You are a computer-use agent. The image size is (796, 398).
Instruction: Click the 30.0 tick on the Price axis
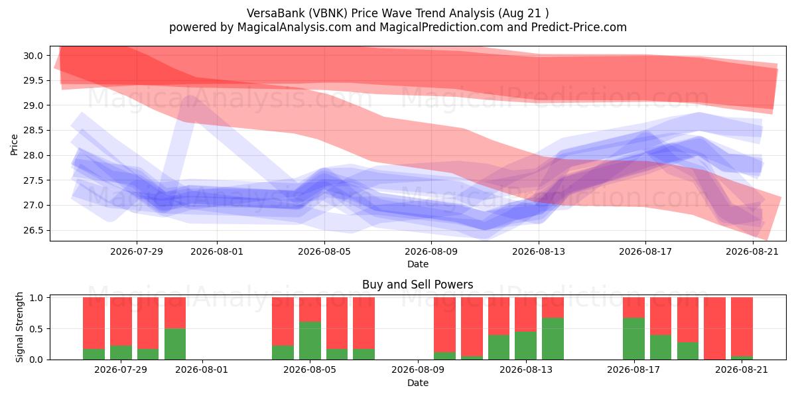pyautogui.click(x=33, y=56)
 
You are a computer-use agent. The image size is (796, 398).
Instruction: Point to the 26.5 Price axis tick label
pyautogui.click(x=33, y=231)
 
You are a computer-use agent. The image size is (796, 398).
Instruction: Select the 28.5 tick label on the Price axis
pyautogui.click(x=33, y=131)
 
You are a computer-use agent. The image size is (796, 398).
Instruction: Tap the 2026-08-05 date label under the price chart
pyautogui.click(x=324, y=251)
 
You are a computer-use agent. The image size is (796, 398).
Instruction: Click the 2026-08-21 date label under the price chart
pyautogui.click(x=752, y=251)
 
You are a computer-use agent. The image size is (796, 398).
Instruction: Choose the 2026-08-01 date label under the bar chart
pyautogui.click(x=202, y=369)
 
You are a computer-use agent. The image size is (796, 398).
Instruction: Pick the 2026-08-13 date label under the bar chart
pyautogui.click(x=526, y=369)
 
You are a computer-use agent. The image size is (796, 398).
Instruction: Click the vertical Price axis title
pyautogui.click(x=14, y=145)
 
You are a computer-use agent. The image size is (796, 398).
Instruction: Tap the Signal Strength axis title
pyautogui.click(x=19, y=327)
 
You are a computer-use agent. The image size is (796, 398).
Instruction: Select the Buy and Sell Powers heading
pyautogui.click(x=417, y=285)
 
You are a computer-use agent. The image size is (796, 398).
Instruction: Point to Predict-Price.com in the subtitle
pyautogui.click(x=579, y=27)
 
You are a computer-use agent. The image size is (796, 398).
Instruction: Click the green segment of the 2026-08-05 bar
pyautogui.click(x=310, y=340)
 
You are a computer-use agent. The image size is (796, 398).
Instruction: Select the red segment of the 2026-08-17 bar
pyautogui.click(x=633, y=307)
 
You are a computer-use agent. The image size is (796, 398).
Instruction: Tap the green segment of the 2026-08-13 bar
pyautogui.click(x=525, y=346)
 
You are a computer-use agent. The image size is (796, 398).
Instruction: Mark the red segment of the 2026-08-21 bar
pyautogui.click(x=742, y=326)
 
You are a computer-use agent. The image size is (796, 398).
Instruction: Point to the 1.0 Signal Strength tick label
pyautogui.click(x=36, y=298)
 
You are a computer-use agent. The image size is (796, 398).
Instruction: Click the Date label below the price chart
pyautogui.click(x=417, y=264)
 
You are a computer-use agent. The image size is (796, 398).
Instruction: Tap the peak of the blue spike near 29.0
pyautogui.click(x=190, y=98)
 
